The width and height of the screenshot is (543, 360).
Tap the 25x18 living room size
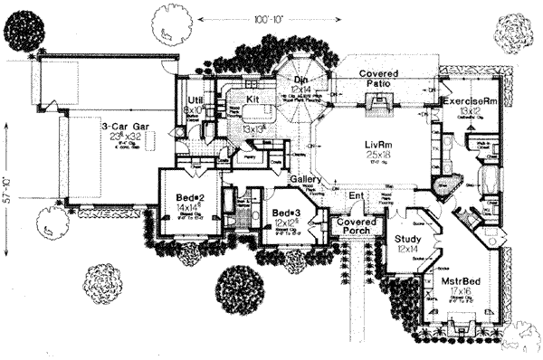pos(363,157)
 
